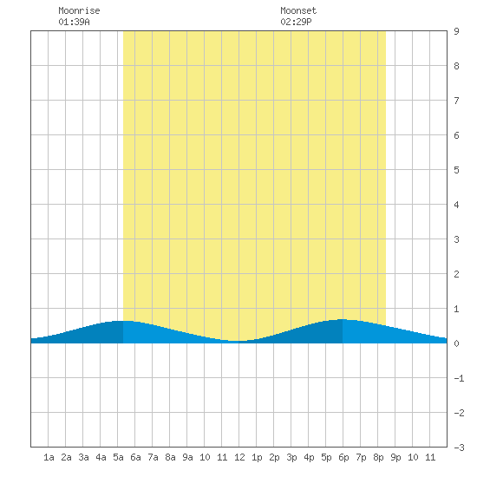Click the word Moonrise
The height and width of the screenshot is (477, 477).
(x=79, y=10)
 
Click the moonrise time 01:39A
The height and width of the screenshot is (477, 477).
(x=74, y=22)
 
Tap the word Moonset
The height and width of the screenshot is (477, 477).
(x=298, y=10)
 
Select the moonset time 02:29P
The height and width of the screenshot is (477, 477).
(x=296, y=22)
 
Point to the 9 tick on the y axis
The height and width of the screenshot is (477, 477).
(x=456, y=31)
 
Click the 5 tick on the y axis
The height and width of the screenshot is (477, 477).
(x=456, y=170)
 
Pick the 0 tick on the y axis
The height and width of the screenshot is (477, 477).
(x=456, y=343)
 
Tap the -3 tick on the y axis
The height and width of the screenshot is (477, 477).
(x=459, y=448)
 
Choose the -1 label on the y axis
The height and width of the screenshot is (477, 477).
(x=459, y=378)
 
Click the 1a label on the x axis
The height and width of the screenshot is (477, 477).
(x=49, y=457)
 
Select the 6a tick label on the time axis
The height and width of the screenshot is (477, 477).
(x=135, y=457)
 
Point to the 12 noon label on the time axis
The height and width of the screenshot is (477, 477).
(x=239, y=457)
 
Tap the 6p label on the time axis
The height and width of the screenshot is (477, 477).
(x=343, y=457)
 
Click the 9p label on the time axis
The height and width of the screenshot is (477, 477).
(x=395, y=457)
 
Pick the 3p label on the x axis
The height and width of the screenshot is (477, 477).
(x=291, y=457)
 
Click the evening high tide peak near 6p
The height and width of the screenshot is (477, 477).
(x=343, y=319)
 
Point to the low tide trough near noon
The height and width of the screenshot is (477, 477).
(x=238, y=341)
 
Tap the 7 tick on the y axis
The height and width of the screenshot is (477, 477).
(x=456, y=101)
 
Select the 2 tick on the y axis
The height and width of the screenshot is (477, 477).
(x=456, y=274)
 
